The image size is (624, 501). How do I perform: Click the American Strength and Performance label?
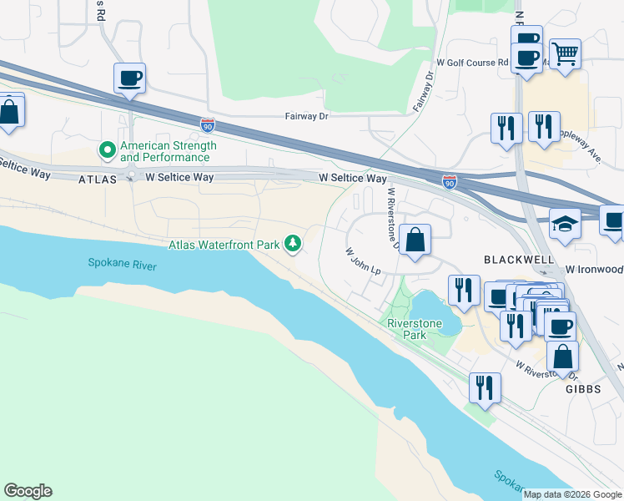pyautogui.click(x=168, y=151)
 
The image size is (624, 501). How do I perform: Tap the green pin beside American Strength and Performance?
pyautogui.click(x=108, y=150)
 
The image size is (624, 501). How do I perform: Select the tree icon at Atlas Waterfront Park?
pyautogui.click(x=292, y=244)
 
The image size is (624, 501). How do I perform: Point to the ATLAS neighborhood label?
pyautogui.click(x=95, y=180)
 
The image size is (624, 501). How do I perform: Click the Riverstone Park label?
pyautogui.click(x=407, y=329)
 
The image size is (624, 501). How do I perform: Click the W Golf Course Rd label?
pyautogui.click(x=472, y=63)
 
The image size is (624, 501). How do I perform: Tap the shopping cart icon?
pyautogui.click(x=565, y=53)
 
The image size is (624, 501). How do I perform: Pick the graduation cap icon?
pyautogui.click(x=565, y=224)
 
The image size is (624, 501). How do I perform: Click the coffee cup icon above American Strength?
pyautogui.click(x=129, y=78)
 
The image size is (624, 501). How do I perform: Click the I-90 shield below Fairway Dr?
pyautogui.click(x=208, y=125)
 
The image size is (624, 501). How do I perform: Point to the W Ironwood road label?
pyautogui.click(x=594, y=270)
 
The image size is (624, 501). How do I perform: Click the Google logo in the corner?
pyautogui.click(x=28, y=491)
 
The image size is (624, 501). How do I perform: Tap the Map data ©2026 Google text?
pyautogui.click(x=571, y=494)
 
